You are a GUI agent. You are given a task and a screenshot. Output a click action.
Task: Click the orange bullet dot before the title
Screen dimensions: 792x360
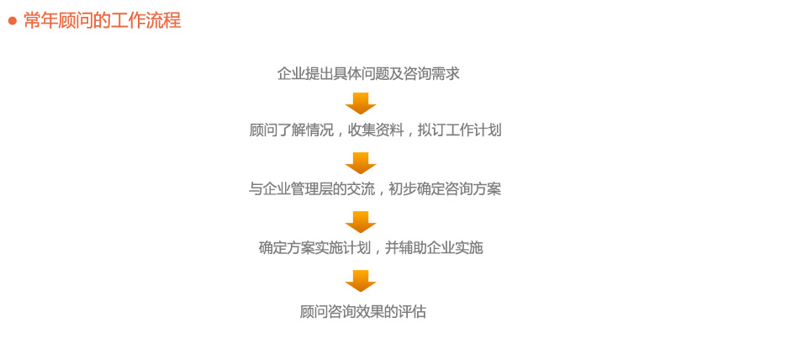pos(13,21)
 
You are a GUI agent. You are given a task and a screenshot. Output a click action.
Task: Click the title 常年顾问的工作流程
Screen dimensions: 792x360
pos(102,21)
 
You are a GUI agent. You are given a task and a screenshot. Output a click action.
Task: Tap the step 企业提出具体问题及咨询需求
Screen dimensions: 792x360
pos(368,74)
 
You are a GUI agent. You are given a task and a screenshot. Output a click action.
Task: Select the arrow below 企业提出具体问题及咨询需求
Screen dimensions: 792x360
pos(361,103)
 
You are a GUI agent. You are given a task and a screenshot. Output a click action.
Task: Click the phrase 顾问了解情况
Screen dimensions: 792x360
pos(292,130)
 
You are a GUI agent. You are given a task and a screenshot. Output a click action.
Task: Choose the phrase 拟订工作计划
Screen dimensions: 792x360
pos(460,130)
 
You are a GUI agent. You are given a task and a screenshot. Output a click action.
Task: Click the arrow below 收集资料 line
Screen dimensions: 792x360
pos(361,163)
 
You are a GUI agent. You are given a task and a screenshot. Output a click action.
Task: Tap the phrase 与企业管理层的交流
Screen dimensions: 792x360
pos(312,189)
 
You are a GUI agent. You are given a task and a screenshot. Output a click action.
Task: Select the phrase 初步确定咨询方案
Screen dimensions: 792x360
pos(445,189)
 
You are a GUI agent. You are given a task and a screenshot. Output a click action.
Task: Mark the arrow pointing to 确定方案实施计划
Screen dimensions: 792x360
pos(361,221)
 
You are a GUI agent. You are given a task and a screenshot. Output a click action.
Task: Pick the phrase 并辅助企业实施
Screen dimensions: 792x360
pos(434,248)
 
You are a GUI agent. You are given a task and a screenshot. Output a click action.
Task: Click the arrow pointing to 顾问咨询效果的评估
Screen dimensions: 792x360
pos(361,281)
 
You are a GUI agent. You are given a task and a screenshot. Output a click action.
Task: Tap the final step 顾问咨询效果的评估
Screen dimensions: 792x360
pos(363,311)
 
